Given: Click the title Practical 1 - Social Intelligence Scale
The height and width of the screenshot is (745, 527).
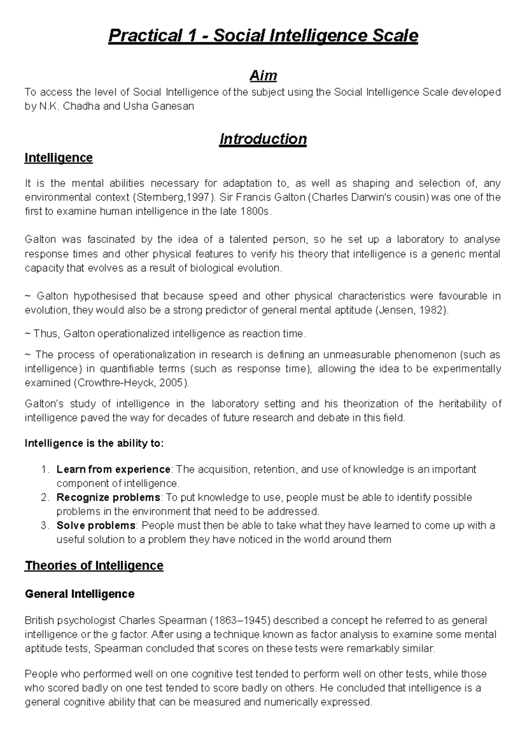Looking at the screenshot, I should coord(263,36).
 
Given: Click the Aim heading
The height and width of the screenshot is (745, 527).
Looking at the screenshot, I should coord(263,76).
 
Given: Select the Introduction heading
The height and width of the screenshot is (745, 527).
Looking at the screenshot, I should coord(263,139).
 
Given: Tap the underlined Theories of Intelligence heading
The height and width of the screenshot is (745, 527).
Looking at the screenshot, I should coord(94,566).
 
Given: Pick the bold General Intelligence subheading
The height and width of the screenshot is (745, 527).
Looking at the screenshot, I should coord(79,594).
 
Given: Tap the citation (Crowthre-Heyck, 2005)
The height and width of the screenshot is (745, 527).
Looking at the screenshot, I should coord(133,383).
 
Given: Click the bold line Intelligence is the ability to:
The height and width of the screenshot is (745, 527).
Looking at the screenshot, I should coord(94,443).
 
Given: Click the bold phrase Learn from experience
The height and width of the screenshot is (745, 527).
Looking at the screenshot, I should coord(113,470).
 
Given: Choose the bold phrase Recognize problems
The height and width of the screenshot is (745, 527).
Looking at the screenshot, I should coord(108,498).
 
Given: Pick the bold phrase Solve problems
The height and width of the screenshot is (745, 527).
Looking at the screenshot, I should coord(96,526).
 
